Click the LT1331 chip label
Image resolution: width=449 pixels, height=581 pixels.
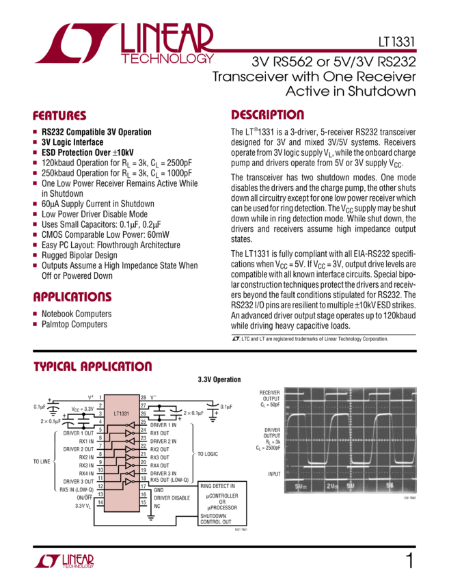(x=122, y=414)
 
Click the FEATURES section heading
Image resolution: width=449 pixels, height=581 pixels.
(x=60, y=116)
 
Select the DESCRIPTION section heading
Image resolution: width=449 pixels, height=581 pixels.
(x=267, y=115)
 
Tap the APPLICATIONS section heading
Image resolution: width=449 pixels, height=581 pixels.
(x=72, y=297)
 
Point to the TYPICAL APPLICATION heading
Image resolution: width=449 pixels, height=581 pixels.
(x=93, y=366)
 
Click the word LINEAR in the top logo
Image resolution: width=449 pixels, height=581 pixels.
(x=167, y=38)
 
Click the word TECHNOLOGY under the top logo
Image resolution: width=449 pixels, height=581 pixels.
(x=167, y=59)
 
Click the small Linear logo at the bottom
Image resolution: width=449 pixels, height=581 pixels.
(x=64, y=561)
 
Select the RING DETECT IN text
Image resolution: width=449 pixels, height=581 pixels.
(x=217, y=486)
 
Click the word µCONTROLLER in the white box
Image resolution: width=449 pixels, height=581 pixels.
(x=222, y=496)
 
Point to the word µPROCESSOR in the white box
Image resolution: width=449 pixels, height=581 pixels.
(x=222, y=508)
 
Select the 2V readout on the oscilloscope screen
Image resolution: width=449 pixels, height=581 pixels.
(x=333, y=485)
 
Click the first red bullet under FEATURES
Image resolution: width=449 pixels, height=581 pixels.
(x=35, y=131)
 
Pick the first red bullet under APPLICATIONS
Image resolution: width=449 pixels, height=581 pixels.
(x=35, y=314)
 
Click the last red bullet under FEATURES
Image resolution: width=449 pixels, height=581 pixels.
(x=35, y=265)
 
